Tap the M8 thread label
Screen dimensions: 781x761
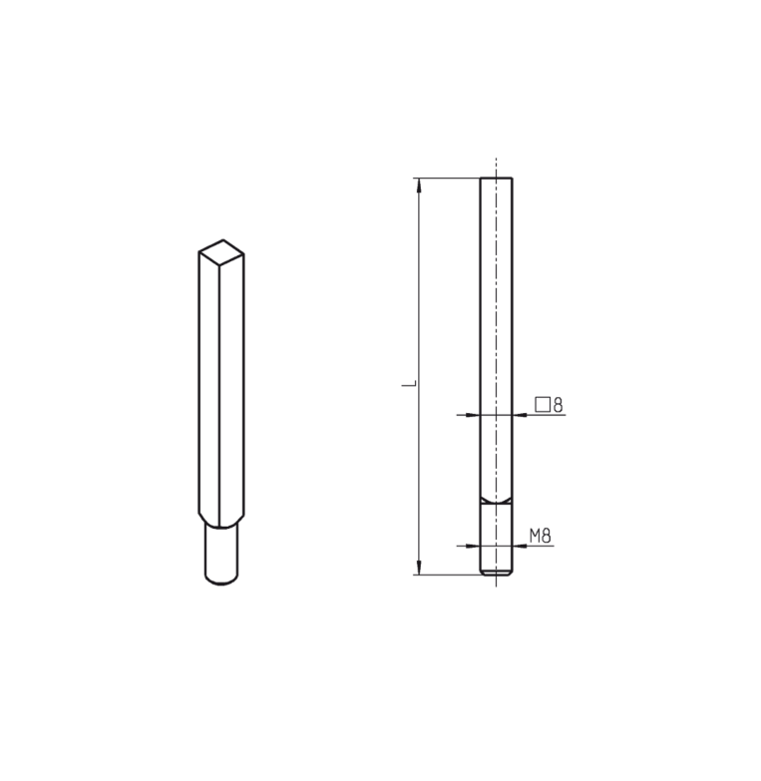540,536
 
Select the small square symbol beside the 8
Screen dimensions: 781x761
543,405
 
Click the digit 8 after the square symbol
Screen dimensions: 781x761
558,405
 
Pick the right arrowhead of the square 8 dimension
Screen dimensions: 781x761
520,414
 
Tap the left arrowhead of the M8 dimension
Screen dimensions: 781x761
475,546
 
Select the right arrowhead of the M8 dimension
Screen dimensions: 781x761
518,546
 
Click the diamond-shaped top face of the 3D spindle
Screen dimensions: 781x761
221,249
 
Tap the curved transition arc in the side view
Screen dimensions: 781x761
496,499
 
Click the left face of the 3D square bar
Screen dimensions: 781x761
208,389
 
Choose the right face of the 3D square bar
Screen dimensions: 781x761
231,389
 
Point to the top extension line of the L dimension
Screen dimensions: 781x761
449,178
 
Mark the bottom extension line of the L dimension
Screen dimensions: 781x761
449,575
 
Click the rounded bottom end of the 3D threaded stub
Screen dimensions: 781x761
221,580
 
